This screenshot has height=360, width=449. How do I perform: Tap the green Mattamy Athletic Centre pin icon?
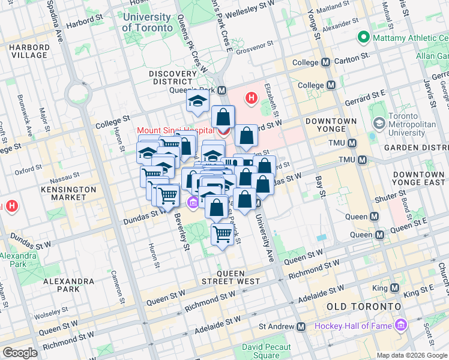pos(363,38)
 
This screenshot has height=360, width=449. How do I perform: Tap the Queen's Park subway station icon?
pos(222,91)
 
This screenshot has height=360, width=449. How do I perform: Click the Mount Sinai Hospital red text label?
pos(175,130)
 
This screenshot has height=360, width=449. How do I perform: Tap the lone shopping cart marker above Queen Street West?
pos(222,234)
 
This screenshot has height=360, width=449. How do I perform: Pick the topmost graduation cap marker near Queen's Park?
pos(196,102)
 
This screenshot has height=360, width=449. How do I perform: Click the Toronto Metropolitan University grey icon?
pos(379,124)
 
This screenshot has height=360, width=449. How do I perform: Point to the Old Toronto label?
pos(363,307)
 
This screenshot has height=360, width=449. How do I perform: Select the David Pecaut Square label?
pos(267,351)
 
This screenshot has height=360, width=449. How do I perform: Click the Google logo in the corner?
pos(20,353)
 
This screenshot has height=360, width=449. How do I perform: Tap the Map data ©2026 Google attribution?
pos(411,355)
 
